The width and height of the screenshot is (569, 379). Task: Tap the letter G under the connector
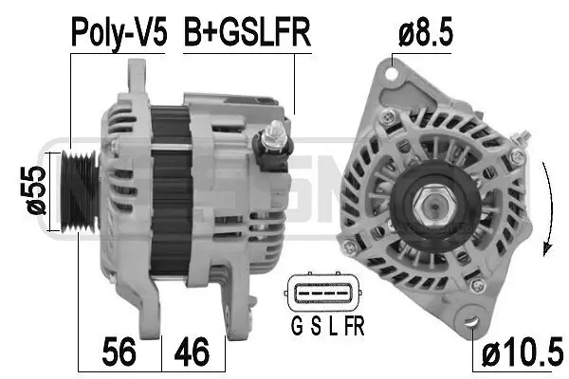(x=294, y=330)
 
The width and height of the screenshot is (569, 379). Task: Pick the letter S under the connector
(x=313, y=330)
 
